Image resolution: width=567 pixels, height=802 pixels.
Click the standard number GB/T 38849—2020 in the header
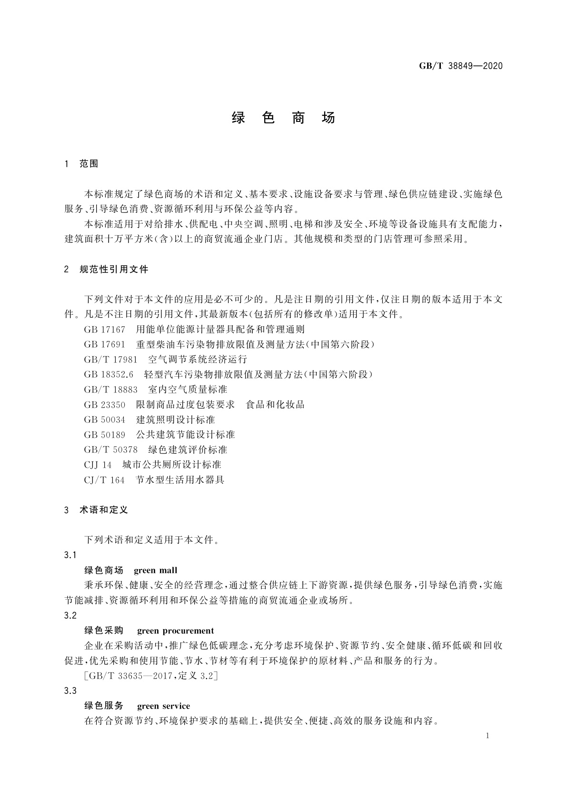pos(460,66)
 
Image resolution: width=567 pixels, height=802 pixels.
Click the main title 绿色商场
pos(283,118)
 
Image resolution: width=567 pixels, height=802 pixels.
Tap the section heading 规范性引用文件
pos(114,270)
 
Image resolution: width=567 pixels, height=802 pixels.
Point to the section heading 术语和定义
pos(104,510)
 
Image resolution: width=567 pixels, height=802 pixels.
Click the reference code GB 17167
pos(104,330)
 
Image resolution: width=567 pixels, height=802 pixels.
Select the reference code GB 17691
pos(104,344)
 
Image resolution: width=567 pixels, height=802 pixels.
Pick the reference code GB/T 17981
pos(110,360)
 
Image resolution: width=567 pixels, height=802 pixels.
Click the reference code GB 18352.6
pos(109,374)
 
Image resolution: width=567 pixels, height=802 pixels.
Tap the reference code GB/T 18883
pos(110,390)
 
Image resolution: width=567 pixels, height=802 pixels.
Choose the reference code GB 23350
pos(104,405)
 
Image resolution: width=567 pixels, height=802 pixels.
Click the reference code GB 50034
pos(104,420)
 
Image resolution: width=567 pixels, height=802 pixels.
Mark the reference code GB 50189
pos(104,435)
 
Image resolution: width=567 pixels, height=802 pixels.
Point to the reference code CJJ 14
pos(98,465)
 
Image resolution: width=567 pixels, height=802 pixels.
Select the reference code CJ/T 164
pos(104,480)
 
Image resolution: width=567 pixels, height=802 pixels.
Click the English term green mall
pos(155,571)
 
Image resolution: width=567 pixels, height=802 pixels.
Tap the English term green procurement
pos(175,631)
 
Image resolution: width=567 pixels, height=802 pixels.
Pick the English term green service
pos(163,706)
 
